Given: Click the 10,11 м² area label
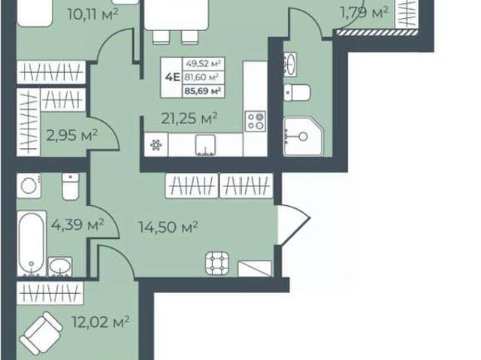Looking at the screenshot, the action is tap(92, 14).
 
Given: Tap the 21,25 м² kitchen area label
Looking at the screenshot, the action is tap(189, 118).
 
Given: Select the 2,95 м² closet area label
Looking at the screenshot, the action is tap(72, 135).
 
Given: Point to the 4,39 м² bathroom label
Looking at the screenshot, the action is tap(77, 225).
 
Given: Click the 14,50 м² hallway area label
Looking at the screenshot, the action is tap(168, 227).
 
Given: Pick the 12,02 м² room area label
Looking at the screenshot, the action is tap(101, 322).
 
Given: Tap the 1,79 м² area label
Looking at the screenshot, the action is tap(365, 13).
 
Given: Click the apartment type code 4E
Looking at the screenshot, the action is tap(172, 77).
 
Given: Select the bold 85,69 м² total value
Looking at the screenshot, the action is tap(204, 91).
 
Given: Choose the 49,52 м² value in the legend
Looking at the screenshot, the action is tap(204, 64).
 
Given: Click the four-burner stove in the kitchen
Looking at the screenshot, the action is tap(256, 122).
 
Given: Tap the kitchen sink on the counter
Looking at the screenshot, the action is tap(205, 145).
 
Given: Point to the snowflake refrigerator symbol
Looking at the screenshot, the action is tap(156, 145).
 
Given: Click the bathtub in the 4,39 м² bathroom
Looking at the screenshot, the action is tap(32, 244).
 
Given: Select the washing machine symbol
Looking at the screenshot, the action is tap(29, 186).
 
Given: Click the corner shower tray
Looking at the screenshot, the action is tap(303, 136).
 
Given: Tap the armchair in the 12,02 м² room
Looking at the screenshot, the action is tap(41, 334).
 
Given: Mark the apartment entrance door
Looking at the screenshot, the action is tap(294, 225).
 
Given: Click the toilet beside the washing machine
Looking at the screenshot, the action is tap(71, 186).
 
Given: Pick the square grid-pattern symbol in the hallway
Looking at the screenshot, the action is tap(217, 263).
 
